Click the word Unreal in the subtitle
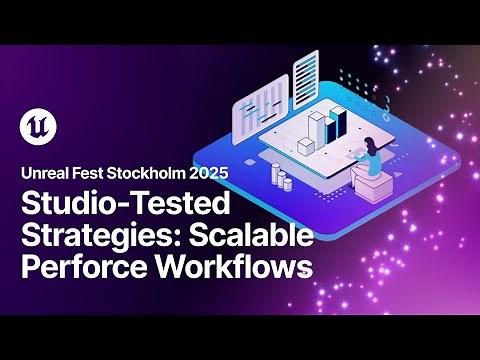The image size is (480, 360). point(44,172)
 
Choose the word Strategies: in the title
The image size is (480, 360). point(91,237)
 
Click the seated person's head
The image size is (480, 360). point(369,142)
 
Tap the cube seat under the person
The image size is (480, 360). point(371,186)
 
